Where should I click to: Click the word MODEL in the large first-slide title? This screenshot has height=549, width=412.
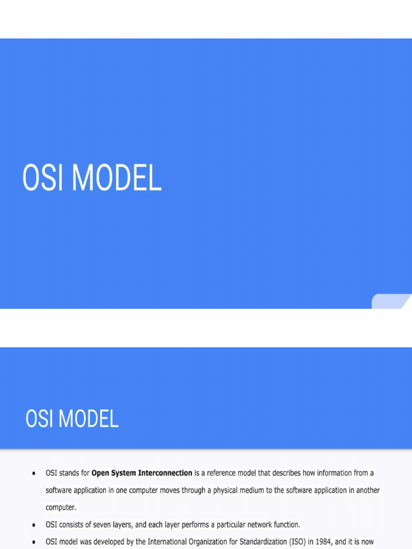pos(116,179)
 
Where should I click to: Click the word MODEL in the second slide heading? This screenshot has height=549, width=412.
pos(89,419)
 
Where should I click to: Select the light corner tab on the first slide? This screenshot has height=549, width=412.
pos(391,301)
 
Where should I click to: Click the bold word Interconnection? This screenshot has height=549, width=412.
pos(165,473)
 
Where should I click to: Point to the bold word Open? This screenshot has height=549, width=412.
pos(100,473)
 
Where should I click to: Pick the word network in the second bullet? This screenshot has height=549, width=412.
pos(256,524)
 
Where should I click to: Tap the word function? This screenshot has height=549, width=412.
pos(285,524)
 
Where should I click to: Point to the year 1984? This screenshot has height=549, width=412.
pos(323,541)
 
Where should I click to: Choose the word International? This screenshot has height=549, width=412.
pos(167,541)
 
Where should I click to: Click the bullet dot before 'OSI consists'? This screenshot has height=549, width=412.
pos(34,524)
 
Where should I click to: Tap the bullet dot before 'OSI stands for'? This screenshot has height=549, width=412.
pos(34,473)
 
